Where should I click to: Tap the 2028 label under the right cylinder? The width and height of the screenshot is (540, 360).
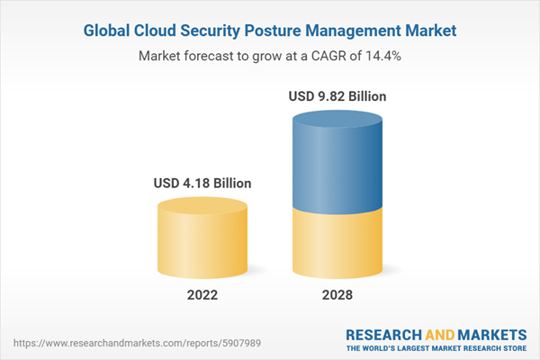pyautogui.click(x=338, y=295)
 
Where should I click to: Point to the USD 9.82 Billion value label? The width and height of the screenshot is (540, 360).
pyautogui.click(x=338, y=95)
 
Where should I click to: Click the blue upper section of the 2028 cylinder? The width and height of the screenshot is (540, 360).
pyautogui.click(x=338, y=162)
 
